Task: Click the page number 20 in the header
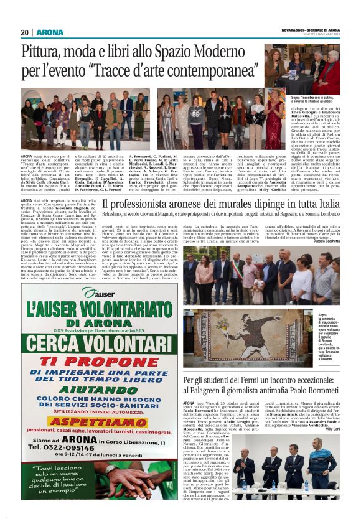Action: [24, 32]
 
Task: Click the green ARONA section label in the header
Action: [49, 32]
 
